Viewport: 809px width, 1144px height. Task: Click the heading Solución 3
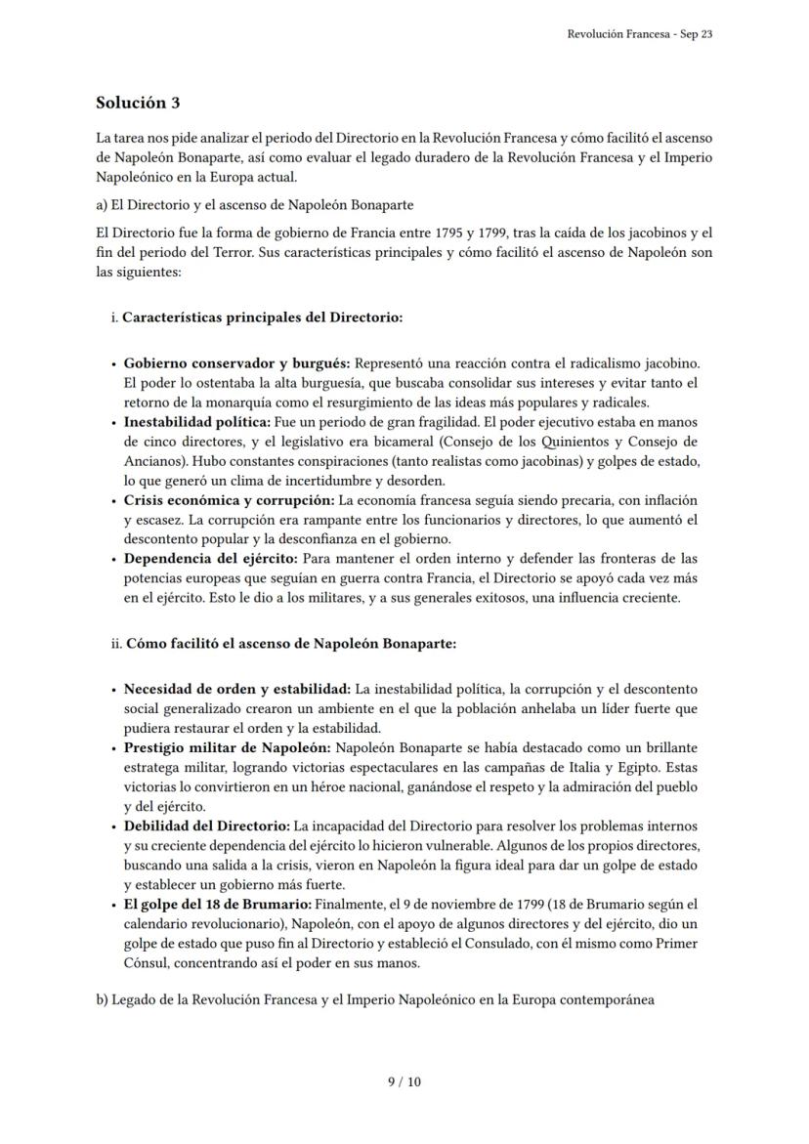[138, 103]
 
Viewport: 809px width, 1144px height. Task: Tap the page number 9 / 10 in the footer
[404, 1081]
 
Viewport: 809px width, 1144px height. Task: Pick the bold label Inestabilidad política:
[196, 422]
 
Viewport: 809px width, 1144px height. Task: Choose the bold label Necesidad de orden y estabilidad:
[237, 690]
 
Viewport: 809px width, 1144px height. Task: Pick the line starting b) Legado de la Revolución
[375, 999]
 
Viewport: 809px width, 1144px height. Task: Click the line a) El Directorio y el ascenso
[254, 205]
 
